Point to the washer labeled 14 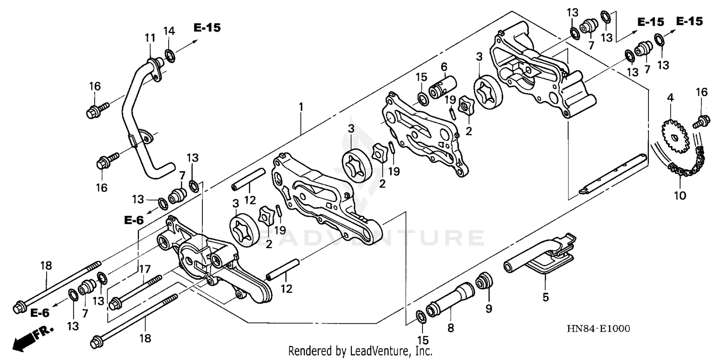click(x=170, y=54)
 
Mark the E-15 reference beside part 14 click(x=207, y=27)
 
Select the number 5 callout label click(x=545, y=298)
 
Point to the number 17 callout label click(x=145, y=270)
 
